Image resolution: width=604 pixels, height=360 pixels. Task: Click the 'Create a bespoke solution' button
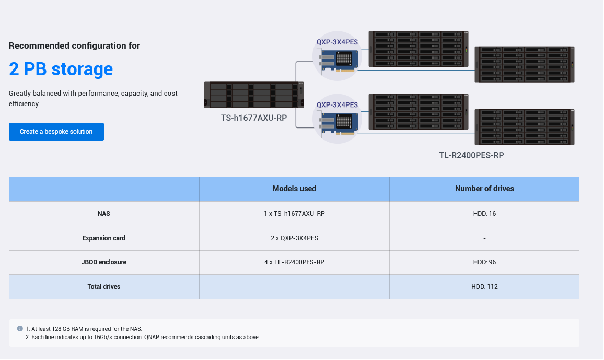coord(56,132)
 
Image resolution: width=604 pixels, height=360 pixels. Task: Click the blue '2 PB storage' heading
coord(61,69)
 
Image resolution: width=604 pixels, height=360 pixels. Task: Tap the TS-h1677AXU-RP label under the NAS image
coord(254,118)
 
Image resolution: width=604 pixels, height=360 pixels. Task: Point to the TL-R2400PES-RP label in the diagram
coord(471,155)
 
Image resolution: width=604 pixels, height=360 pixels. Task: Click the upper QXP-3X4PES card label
coord(337,42)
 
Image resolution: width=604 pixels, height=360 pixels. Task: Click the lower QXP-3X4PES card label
coord(337,105)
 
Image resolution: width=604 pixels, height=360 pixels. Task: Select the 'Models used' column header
coord(294,189)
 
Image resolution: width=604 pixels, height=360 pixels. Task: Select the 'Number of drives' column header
coord(484,189)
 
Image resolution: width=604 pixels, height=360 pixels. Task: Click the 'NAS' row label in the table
coord(104,214)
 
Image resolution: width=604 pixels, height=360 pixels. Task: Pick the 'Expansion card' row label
coord(104,238)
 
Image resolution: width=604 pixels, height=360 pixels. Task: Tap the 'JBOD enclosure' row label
coord(104,262)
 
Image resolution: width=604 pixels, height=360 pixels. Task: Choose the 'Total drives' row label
coord(104,287)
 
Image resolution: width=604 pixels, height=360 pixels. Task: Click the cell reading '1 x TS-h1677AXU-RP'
coord(294,214)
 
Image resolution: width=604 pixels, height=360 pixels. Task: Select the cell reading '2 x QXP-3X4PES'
coord(294,238)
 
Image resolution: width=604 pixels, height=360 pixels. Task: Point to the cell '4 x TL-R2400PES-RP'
coord(294,262)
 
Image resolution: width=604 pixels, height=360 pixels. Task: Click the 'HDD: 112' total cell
coord(484,287)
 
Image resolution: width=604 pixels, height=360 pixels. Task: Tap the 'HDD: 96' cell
coord(484,262)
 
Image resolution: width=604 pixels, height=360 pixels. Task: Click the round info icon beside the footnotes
coord(20,329)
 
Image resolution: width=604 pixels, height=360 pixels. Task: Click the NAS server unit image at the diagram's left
coord(254,95)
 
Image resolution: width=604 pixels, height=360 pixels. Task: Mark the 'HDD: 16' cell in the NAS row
coord(484,214)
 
